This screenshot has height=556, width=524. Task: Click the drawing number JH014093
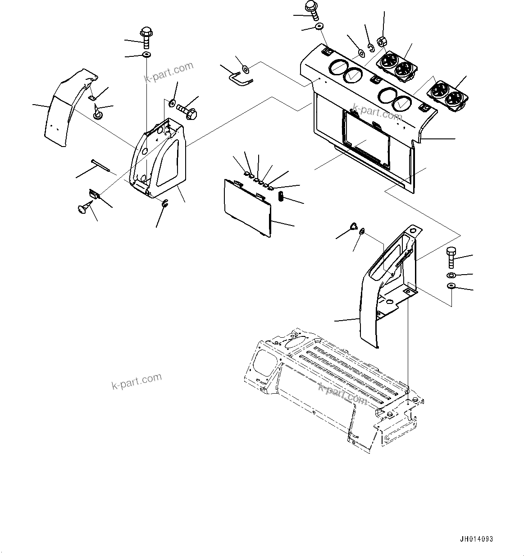(476, 539)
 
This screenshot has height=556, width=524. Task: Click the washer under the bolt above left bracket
(146, 55)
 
